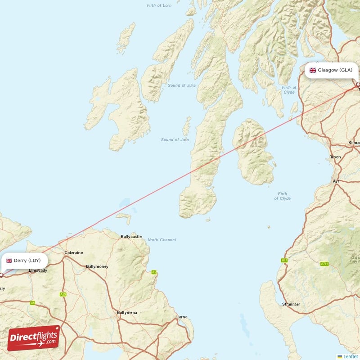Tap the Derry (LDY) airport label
coord(24,261)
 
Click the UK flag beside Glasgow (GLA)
coord(312,70)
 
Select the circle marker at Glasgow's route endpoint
coord(358,85)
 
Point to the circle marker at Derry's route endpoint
coord(1,274)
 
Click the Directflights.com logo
coord(34,338)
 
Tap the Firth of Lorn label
coord(159,5)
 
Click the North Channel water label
coord(162,240)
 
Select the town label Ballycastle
coord(131,236)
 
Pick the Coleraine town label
coord(74,253)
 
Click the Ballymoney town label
coord(97,266)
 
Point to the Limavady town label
coord(38,270)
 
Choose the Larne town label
coord(182,317)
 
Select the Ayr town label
coord(336,181)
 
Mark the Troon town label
coord(335,157)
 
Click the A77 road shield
coord(284,261)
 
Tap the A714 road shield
coord(324,264)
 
